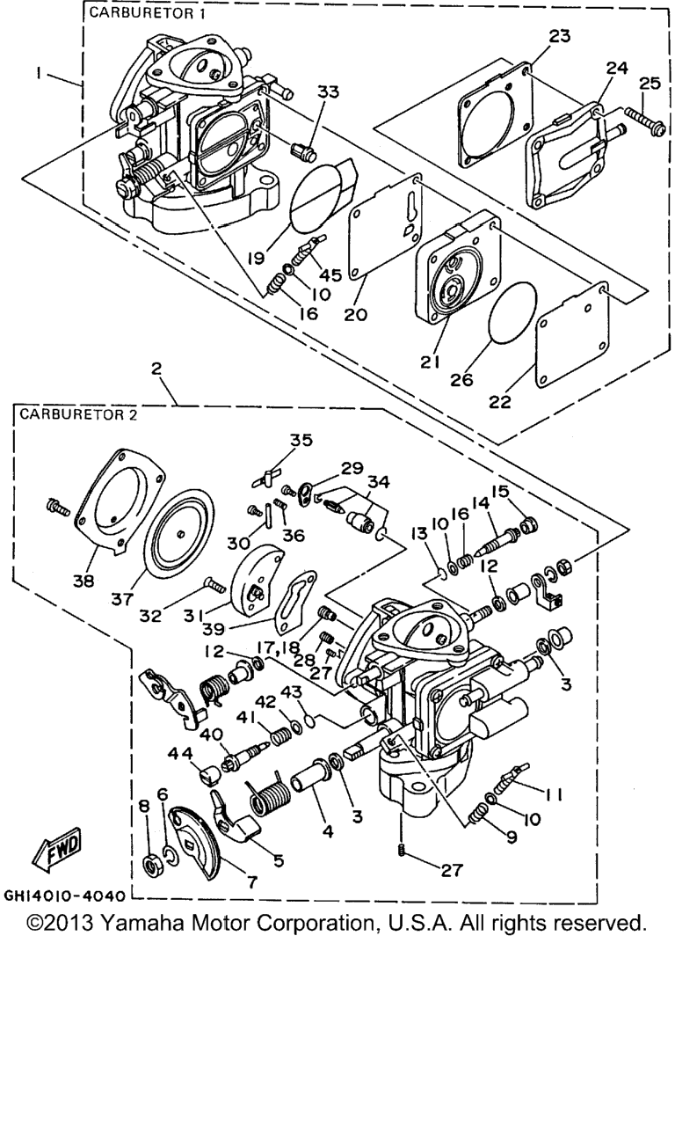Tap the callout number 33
[328, 91]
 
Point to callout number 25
[650, 83]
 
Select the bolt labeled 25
[646, 121]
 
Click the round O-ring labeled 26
[512, 312]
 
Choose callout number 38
[83, 581]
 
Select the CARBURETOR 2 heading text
[78, 415]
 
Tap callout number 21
[431, 362]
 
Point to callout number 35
[301, 440]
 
